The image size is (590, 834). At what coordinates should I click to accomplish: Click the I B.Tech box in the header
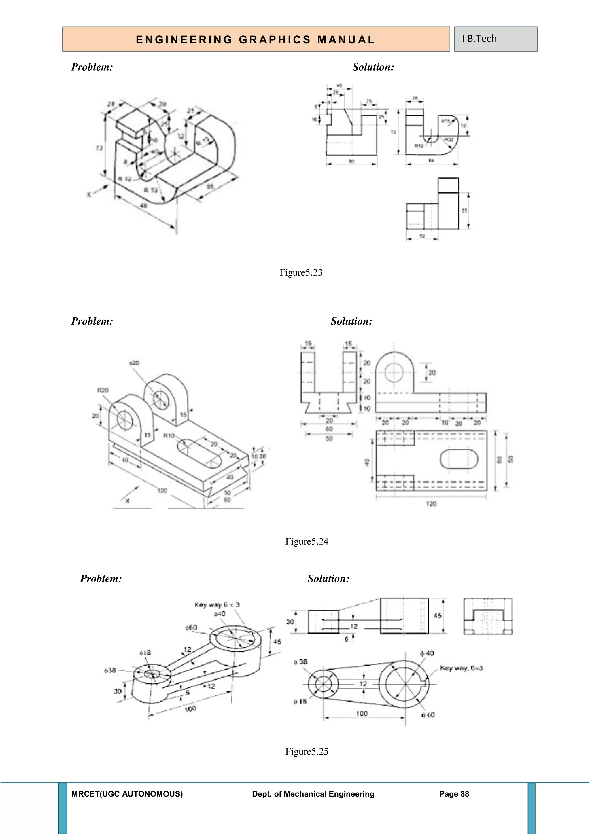[495, 39]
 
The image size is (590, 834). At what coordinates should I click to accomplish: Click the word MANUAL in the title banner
[346, 40]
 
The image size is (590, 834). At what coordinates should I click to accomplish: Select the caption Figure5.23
[301, 272]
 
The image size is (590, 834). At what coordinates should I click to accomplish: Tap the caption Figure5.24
[307, 541]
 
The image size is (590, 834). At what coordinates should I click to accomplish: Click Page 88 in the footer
[454, 794]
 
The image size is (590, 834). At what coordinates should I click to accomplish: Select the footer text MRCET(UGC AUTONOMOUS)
[127, 794]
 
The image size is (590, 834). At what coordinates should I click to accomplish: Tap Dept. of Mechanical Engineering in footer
[313, 794]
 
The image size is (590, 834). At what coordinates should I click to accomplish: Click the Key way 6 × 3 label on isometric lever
[217, 604]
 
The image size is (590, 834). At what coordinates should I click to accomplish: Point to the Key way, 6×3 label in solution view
[461, 668]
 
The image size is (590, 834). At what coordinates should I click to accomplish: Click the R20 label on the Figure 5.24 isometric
[103, 390]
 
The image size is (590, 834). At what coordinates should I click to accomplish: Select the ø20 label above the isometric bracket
[134, 363]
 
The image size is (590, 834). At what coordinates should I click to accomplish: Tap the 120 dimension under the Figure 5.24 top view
[431, 503]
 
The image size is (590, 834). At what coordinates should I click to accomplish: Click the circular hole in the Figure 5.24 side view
[394, 373]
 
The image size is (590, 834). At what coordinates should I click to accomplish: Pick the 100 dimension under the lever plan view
[362, 713]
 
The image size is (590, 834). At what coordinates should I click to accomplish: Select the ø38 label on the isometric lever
[110, 670]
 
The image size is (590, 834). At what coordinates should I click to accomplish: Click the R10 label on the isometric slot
[169, 435]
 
